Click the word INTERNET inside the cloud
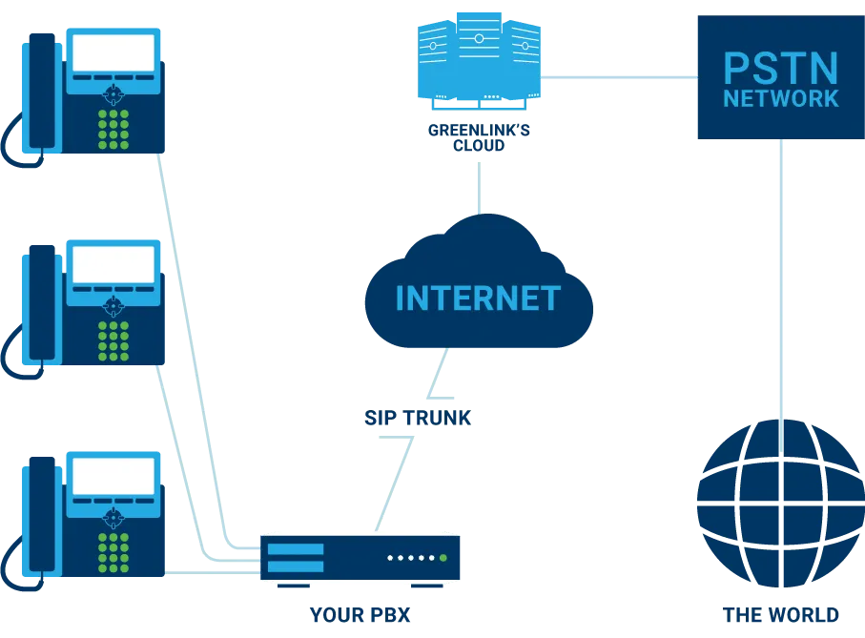pos(478,298)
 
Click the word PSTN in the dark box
pos(780,69)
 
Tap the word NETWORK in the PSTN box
pos(780,98)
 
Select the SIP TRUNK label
pos(417,418)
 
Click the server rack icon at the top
pos(478,57)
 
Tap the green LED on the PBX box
pos(443,558)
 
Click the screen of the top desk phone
pos(113,52)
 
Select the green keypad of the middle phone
pos(113,340)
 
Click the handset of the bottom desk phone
pos(41,516)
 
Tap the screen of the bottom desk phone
pos(113,476)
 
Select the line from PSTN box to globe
pos(781,277)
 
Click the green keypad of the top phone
pos(113,128)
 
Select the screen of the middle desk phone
pos(113,264)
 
